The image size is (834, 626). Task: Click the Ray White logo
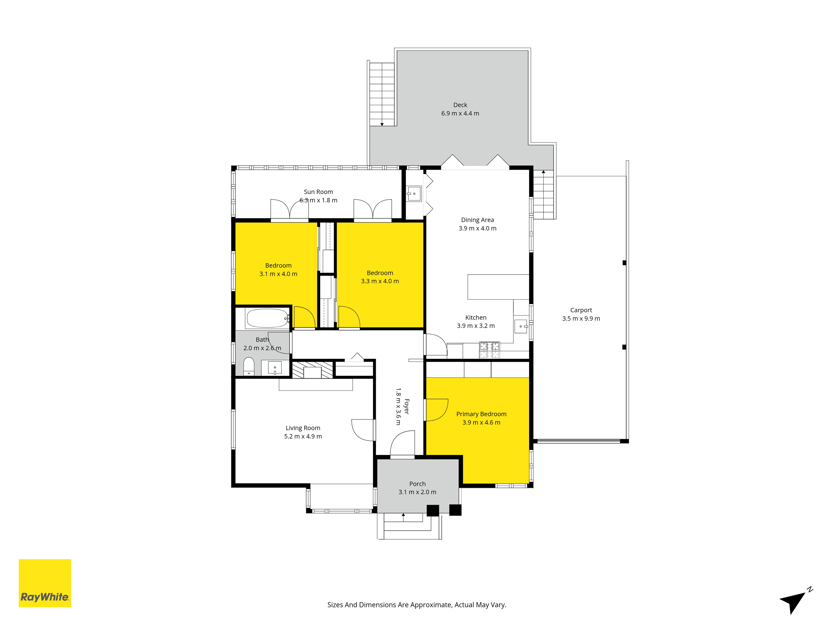pos(45,583)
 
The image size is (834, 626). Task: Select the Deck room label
pos(460,105)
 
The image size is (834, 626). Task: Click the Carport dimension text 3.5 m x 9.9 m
pos(581,318)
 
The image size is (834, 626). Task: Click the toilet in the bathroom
pos(249,367)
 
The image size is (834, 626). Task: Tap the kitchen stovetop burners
pos(489,350)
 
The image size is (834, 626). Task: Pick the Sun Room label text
pos(318,192)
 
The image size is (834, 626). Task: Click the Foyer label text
pos(406,406)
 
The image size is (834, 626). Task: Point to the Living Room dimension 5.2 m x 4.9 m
pos(303,436)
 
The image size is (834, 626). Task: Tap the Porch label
pos(417,484)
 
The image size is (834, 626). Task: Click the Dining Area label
pos(477,220)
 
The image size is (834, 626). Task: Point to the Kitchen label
pos(476,317)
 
